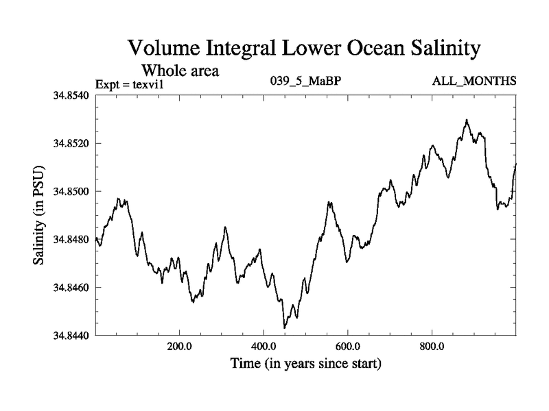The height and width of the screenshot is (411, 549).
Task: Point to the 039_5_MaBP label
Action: [307, 82]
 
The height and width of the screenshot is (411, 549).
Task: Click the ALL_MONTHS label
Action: [474, 82]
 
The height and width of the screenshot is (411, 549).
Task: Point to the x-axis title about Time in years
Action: [305, 363]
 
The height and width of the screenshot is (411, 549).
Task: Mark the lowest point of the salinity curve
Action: [284, 328]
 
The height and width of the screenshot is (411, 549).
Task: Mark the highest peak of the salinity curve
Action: [467, 120]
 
